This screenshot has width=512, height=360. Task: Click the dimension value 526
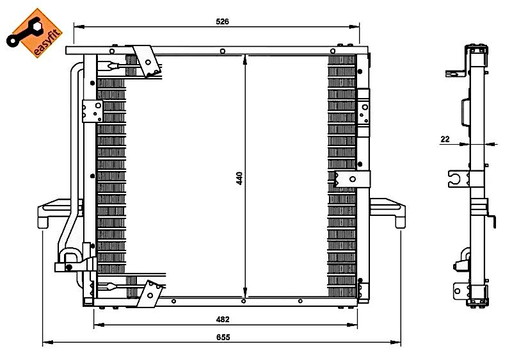point(222,22)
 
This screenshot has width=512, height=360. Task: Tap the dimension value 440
point(239,178)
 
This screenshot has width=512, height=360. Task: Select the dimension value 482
point(223,319)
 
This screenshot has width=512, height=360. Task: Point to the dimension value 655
point(223,337)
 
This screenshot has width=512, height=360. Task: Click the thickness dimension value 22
point(445,139)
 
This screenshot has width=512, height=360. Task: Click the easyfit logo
point(35,33)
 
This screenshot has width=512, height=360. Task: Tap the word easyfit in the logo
point(47,42)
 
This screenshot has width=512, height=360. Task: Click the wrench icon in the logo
point(25,33)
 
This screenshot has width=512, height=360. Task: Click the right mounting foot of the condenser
point(388,212)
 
